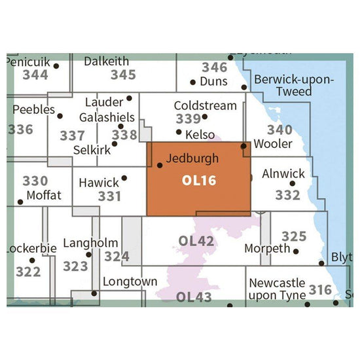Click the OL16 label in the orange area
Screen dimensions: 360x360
[x=198, y=179]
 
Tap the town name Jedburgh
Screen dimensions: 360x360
[x=192, y=158]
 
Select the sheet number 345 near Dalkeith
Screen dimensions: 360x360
[x=123, y=75]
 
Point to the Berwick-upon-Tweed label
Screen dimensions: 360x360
[x=293, y=86]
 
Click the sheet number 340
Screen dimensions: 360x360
[x=280, y=130]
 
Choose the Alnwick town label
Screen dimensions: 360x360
[x=283, y=174]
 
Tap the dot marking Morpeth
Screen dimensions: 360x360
[x=297, y=251]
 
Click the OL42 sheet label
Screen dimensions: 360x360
[x=196, y=242]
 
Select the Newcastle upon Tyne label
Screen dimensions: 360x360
[x=278, y=289]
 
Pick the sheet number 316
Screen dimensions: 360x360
[x=320, y=289]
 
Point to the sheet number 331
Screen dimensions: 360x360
[x=110, y=196]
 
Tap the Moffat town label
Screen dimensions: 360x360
[x=43, y=195]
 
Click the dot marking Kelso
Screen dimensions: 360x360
[x=179, y=132]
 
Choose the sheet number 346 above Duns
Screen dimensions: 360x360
[x=214, y=67]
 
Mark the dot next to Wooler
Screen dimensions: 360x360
[x=243, y=146]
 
